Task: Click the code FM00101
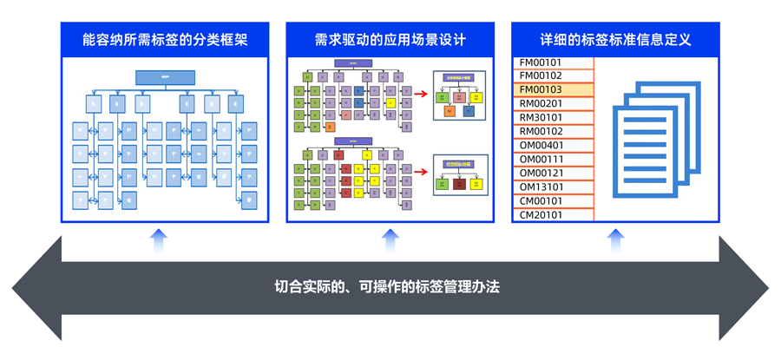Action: (541, 62)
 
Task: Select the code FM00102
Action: (541, 76)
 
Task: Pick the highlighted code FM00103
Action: (541, 90)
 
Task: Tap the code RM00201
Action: (541, 104)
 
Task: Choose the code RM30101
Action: (541, 118)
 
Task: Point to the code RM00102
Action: (541, 132)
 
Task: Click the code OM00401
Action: (541, 146)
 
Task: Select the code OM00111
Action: (541, 160)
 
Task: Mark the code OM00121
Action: (541, 173)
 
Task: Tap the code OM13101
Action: (541, 187)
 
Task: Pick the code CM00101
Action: (541, 201)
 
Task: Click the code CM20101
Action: (541, 215)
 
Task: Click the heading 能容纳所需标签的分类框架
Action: (165, 40)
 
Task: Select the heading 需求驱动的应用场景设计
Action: (390, 40)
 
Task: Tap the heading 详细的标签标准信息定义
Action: (615, 40)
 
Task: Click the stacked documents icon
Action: (656, 139)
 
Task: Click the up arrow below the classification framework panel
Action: (158, 240)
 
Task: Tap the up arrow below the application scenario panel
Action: (390, 240)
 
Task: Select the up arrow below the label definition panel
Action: (615, 240)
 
